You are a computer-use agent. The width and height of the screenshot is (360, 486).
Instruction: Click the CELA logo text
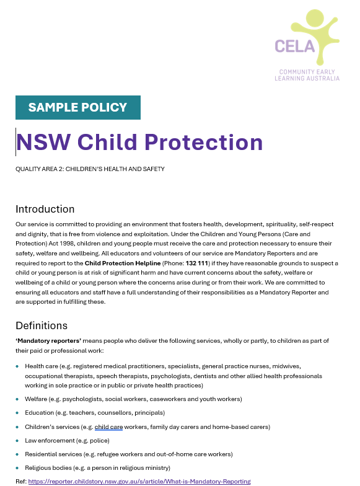(294, 46)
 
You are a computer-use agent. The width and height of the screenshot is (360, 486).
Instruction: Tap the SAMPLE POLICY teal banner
(78, 107)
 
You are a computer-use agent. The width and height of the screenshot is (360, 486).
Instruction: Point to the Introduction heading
(45, 209)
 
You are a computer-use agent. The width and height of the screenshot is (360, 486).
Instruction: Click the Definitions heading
(42, 325)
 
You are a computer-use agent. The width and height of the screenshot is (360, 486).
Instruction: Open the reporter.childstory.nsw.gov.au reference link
(139, 481)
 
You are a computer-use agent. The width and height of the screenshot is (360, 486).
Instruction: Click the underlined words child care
(109, 426)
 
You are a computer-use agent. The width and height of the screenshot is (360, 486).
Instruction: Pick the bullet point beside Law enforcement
(17, 441)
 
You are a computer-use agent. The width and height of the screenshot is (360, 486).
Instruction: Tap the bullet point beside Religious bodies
(17, 468)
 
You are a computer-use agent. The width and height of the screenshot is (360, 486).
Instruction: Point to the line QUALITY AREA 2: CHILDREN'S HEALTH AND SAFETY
(90, 169)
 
